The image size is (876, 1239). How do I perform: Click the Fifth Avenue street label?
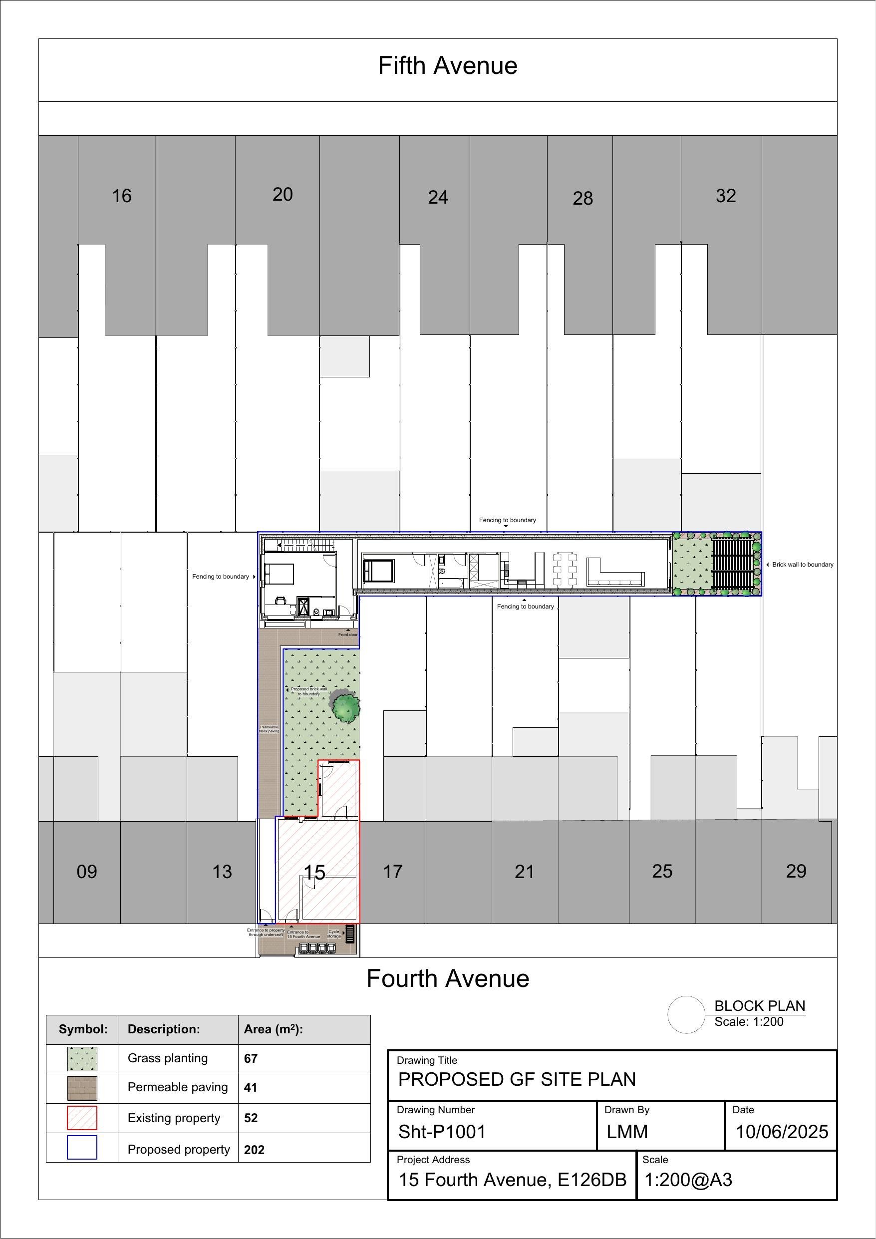click(x=447, y=66)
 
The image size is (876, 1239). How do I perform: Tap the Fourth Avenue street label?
click(x=447, y=978)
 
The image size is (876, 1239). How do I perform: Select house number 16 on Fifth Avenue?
click(x=121, y=196)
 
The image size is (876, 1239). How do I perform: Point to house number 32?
click(x=725, y=196)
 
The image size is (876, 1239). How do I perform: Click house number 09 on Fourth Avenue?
click(x=87, y=872)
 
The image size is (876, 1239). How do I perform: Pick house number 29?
click(x=796, y=871)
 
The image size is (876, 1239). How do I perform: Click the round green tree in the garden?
click(x=345, y=707)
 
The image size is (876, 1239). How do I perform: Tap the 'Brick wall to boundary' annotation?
click(x=802, y=565)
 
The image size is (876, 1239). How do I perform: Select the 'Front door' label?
click(x=347, y=634)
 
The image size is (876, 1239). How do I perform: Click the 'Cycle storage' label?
click(x=334, y=933)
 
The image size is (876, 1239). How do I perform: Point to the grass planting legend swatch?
click(x=82, y=1059)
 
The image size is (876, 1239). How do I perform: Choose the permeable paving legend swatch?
click(x=82, y=1088)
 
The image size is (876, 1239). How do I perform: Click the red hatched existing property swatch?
click(x=82, y=1118)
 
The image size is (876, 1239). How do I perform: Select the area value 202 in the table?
click(x=254, y=1150)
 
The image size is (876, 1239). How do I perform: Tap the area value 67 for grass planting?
click(x=251, y=1058)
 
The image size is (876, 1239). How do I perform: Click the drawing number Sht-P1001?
click(x=442, y=1132)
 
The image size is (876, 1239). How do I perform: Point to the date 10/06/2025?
click(x=782, y=1132)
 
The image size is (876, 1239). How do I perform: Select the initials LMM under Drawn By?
click(x=626, y=1132)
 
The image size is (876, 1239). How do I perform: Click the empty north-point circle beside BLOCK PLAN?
click(x=686, y=1014)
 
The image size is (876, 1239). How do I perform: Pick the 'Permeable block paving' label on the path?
click(x=269, y=729)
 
